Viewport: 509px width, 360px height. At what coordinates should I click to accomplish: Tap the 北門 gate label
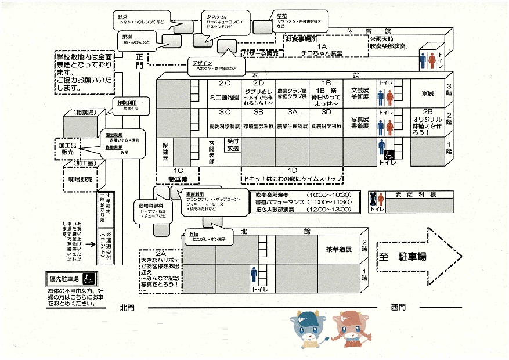(127, 306)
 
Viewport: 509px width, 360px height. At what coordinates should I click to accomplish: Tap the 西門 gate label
(399, 306)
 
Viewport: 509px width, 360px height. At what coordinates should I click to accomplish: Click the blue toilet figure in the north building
(254, 273)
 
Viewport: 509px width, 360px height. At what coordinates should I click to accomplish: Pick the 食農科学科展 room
(326, 125)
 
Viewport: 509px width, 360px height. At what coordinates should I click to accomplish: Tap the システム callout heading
(216, 16)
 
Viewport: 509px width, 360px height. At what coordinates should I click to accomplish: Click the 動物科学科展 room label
(225, 125)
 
